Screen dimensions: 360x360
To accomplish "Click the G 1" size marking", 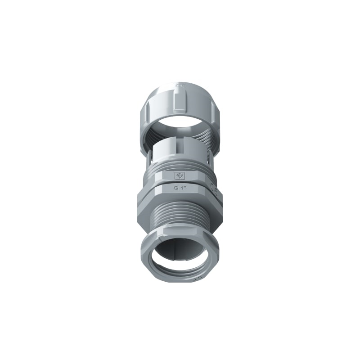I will [x=180, y=189].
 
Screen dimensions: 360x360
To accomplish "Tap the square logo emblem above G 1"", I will [x=180, y=175].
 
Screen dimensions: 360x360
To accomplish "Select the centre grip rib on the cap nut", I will [x=180, y=100].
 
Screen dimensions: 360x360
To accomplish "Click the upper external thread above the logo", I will [x=180, y=165].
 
